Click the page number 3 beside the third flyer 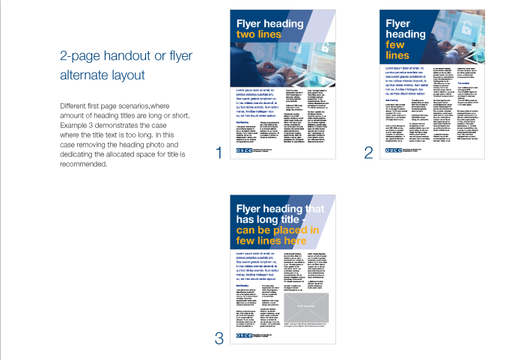click(x=219, y=338)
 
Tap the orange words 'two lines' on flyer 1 click(x=258, y=34)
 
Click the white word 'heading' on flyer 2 click(x=404, y=34)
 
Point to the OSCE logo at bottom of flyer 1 click(x=245, y=150)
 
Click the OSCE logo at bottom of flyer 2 click(x=394, y=150)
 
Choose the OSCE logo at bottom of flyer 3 click(x=245, y=336)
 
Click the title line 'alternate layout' click(x=102, y=76)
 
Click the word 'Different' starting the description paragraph click(x=73, y=106)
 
